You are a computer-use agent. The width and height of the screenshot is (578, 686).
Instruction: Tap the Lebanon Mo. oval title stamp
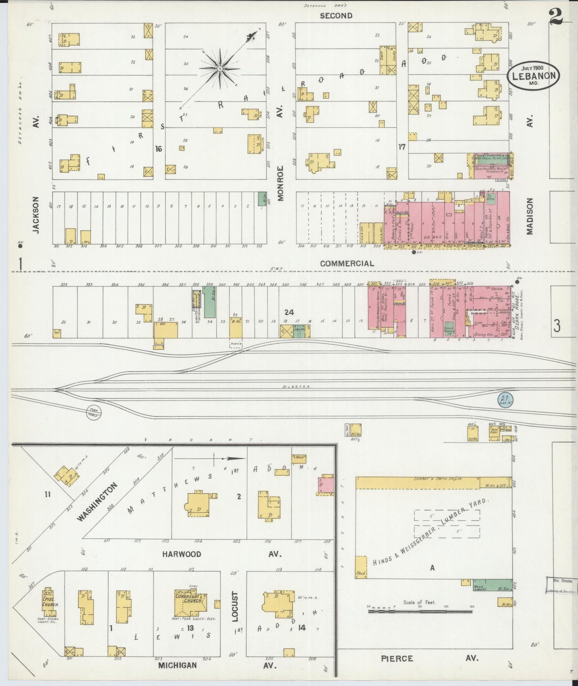coord(534,76)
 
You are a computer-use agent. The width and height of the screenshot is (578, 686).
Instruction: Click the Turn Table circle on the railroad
coord(94,412)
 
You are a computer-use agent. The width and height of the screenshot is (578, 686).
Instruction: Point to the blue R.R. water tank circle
coord(505,399)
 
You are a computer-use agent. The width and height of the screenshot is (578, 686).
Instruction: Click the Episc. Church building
coord(50,602)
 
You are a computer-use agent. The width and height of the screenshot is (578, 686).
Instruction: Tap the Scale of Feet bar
coord(420,611)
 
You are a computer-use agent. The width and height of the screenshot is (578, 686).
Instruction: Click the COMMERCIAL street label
coord(347,263)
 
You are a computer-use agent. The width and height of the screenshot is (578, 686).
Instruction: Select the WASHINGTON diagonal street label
coord(97,502)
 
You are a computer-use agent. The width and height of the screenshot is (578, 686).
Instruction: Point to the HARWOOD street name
coord(182,554)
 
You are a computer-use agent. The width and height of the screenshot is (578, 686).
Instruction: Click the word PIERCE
coord(397,658)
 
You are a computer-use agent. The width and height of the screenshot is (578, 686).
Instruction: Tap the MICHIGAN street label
coord(177,665)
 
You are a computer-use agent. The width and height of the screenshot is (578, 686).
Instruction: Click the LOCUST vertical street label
coord(235,606)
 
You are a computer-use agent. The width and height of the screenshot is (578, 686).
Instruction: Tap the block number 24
coord(289,312)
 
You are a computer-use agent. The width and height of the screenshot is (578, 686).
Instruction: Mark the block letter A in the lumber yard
coord(432,567)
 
